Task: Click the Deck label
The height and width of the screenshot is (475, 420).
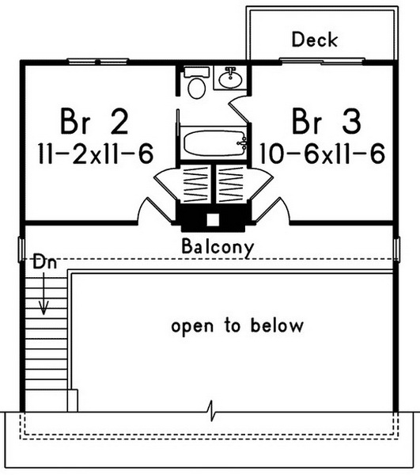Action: click(x=315, y=40)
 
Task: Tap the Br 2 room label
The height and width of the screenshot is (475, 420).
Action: click(x=94, y=121)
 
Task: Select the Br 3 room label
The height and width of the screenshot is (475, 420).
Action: click(x=327, y=121)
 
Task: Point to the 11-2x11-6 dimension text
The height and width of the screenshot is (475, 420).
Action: click(x=96, y=154)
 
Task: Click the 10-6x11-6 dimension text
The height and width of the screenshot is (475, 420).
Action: click(x=323, y=154)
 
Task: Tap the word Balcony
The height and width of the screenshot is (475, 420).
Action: click(x=218, y=247)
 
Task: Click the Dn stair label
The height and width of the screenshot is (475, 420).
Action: click(x=45, y=262)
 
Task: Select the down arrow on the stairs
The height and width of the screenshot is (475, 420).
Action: click(x=44, y=293)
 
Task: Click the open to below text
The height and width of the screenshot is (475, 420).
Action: click(x=237, y=326)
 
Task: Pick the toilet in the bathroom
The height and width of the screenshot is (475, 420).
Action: click(x=197, y=82)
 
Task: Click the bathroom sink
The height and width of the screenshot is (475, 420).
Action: click(x=231, y=78)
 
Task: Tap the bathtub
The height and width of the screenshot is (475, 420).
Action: click(x=214, y=142)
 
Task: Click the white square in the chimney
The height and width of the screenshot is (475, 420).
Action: click(x=213, y=220)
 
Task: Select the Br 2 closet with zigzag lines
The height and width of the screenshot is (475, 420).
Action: click(x=196, y=184)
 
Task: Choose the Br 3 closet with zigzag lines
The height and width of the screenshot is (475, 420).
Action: click(x=231, y=184)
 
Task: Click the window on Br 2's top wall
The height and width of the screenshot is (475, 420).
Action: click(x=98, y=62)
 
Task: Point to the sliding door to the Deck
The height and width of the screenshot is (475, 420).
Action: click(x=322, y=62)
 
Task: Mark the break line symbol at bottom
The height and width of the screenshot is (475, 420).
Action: click(x=212, y=411)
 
